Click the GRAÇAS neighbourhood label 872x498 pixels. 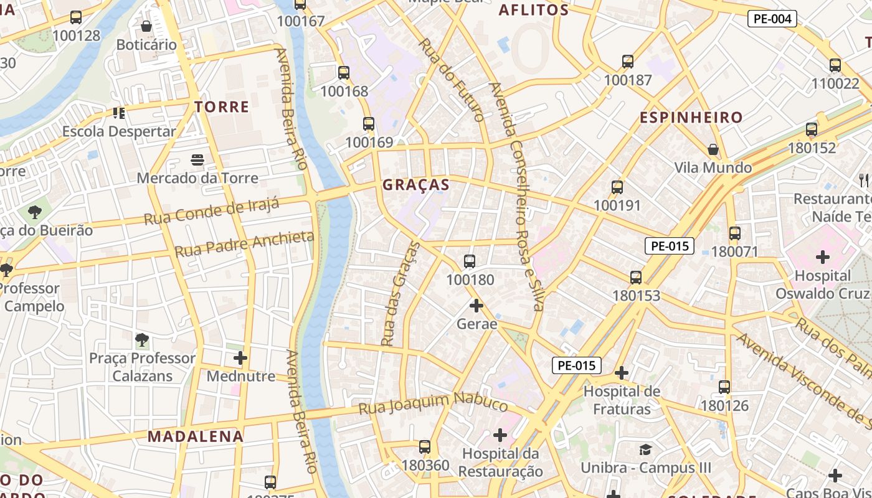click(415, 185)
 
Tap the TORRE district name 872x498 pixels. click(222, 107)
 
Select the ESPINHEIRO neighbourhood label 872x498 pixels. click(691, 118)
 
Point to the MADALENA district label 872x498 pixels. click(195, 436)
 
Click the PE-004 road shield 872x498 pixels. click(772, 19)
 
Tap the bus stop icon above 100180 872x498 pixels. click(470, 261)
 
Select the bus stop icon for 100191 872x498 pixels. click(617, 187)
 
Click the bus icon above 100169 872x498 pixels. click(369, 123)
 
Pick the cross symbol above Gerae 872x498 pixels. click(476, 306)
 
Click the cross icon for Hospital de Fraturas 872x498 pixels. click(622, 373)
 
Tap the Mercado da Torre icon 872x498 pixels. click(197, 160)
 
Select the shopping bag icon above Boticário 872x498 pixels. click(146, 26)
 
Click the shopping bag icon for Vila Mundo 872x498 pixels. click(713, 149)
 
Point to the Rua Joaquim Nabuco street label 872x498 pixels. click(434, 402)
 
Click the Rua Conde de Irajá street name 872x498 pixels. click(211, 210)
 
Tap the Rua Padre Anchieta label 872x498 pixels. click(244, 243)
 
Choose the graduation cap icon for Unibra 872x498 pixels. click(646, 449)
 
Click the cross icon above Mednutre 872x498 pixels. click(240, 358)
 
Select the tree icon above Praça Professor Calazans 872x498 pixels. click(142, 340)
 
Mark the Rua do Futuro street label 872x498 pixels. click(452, 80)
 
